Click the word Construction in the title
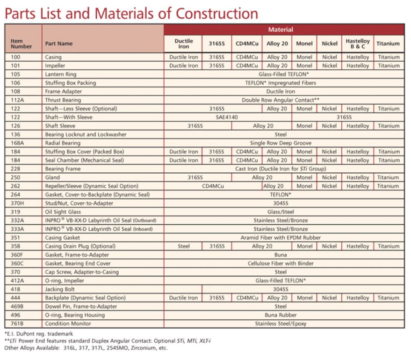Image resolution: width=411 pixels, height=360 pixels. pos(217,14)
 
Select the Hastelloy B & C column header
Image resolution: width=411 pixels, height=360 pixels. pos(358,44)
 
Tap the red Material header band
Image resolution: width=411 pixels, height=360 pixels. pos(284,29)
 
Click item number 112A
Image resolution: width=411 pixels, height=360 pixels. pos(18,100)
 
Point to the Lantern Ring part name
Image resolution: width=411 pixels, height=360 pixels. pos(60,74)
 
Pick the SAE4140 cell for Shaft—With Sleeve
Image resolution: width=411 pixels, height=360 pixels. pos(227,118)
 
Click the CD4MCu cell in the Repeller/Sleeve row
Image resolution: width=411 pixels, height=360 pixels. pos(213,186)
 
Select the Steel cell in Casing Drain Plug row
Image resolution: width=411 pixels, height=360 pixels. pos(183,246)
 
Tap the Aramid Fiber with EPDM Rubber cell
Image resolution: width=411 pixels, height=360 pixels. pos(281,237)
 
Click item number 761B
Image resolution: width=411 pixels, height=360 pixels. pos(17,323)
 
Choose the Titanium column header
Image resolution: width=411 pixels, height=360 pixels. pos(388,44)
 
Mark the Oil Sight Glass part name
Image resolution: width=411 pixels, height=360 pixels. pos(63,212)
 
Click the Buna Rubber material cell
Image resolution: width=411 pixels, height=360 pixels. pos(281,315)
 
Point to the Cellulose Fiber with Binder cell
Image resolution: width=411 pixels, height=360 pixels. pos(281,263)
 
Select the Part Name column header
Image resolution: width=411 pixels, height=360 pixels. pos(59,44)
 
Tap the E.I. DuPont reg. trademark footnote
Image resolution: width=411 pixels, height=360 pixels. pos(39,334)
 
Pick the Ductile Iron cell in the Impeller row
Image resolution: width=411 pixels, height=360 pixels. pos(183,66)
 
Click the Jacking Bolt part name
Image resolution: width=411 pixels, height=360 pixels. pos(60,289)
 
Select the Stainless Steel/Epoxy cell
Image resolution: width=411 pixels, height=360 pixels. pos(281,323)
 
